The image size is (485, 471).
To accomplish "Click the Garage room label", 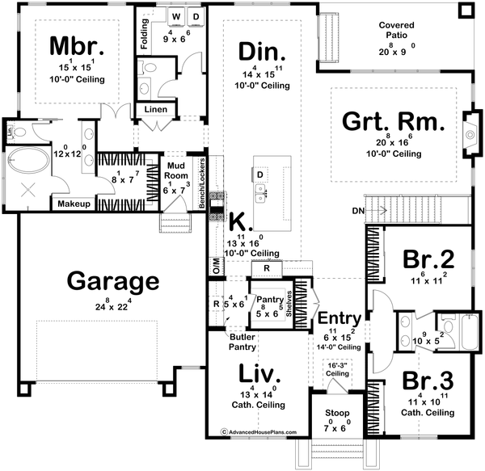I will [112, 282].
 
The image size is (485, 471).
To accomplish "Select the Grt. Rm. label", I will [394, 122].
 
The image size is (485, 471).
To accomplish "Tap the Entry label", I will [337, 318].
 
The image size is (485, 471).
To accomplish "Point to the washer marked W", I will [175, 16].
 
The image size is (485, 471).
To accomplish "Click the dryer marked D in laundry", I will [196, 16].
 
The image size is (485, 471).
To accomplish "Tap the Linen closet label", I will [156, 109].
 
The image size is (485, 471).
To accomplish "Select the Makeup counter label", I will [72, 204].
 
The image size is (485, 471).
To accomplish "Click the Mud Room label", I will [176, 173].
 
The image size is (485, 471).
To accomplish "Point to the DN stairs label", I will [359, 212].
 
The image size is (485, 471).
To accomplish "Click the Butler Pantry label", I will [243, 341].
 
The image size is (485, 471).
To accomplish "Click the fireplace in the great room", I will [468, 128].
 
